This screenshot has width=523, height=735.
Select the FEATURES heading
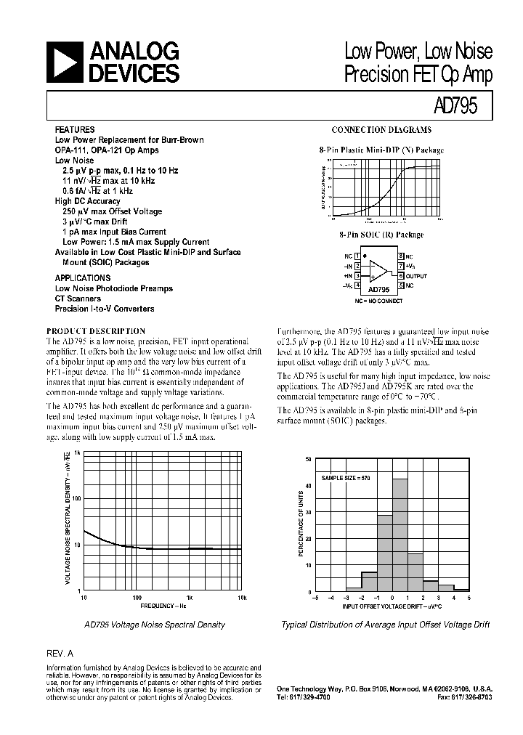tap(75, 129)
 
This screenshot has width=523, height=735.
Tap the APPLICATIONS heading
tap(83, 278)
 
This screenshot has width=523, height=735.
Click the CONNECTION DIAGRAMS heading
tap(381, 130)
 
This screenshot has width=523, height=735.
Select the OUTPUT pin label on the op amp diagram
tap(417, 276)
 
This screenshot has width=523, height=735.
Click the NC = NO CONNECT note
tap(379, 300)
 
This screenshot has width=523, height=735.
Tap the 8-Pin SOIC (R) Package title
tap(381, 235)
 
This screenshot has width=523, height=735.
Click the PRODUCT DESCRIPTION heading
tap(96, 330)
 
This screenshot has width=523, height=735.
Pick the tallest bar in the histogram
tap(400, 535)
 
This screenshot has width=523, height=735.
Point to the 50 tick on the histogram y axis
tap(309, 459)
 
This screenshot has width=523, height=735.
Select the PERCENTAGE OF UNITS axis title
tap(301, 523)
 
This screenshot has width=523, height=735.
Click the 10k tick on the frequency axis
tap(243, 597)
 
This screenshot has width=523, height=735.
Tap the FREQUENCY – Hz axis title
tap(164, 605)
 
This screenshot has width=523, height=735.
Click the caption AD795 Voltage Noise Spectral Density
tap(155, 625)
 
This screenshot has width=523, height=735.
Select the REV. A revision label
tap(60, 653)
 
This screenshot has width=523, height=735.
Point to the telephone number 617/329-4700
tap(304, 697)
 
